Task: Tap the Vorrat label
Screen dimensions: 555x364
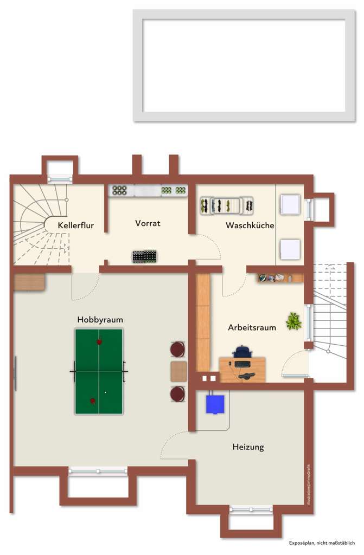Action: coord(148,223)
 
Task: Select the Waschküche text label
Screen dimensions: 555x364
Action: coord(250,225)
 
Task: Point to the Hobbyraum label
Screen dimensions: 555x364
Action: coord(100,320)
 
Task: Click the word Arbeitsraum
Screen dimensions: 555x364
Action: coord(252,327)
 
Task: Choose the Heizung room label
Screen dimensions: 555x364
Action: coord(248,447)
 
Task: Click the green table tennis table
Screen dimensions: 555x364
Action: coord(99,371)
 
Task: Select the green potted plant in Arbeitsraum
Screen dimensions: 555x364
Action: coord(294,321)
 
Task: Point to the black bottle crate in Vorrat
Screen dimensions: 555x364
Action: coord(145,256)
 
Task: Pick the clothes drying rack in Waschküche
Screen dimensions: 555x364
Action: coord(227,205)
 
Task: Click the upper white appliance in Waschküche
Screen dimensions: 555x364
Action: coord(290,205)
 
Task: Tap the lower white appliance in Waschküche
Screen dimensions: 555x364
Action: coord(290,249)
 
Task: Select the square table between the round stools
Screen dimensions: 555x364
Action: coord(178,371)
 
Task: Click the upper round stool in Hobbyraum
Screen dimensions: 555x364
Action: coord(178,349)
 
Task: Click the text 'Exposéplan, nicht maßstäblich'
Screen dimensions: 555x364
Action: coord(322,543)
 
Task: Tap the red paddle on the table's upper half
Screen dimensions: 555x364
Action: coord(99,342)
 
